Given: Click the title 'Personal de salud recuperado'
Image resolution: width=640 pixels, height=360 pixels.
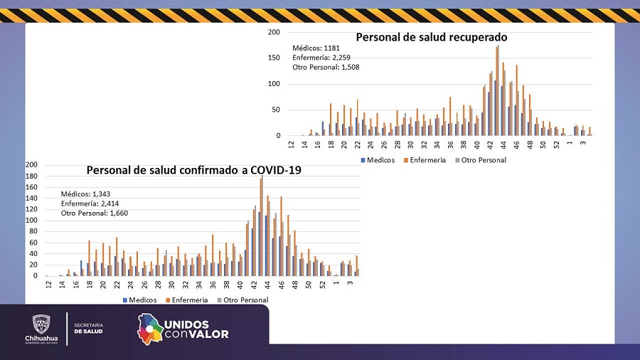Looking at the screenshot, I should point(432,37).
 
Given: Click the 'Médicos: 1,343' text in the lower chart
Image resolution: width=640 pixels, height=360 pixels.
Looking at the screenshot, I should point(85,194).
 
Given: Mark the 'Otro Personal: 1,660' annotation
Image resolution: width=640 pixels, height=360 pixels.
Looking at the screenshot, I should point(95,212).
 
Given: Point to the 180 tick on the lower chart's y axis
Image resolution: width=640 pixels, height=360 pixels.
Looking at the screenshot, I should point(32,176).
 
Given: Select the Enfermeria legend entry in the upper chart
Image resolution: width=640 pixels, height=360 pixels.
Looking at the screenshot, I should point(425,160).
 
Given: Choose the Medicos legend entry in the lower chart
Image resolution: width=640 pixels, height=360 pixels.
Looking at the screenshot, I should point(139,300).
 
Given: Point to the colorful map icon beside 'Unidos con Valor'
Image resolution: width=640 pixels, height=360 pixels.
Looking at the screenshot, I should point(149,329).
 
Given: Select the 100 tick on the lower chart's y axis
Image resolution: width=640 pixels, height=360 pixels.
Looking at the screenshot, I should point(32,221).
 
